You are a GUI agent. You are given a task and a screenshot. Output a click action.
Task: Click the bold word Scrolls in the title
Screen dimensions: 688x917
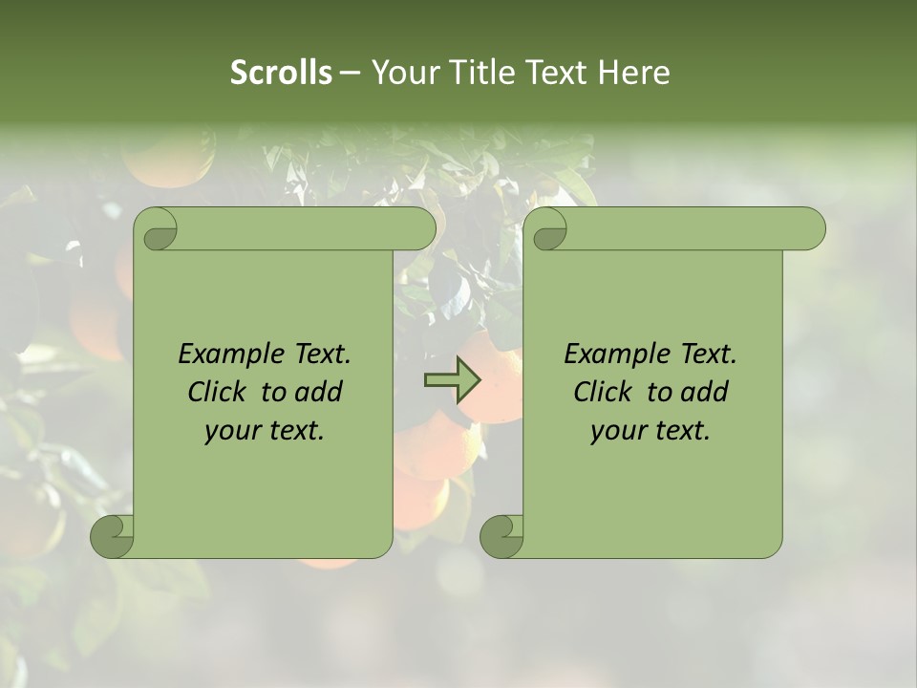(281, 73)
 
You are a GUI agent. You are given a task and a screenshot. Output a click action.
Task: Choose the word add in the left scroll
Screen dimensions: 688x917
(317, 392)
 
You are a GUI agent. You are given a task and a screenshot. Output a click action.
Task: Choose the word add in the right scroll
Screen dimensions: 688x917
(703, 392)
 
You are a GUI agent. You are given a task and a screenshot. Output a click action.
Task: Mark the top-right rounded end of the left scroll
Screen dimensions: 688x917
(421, 229)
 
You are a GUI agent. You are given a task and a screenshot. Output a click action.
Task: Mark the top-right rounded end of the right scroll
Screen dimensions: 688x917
(811, 229)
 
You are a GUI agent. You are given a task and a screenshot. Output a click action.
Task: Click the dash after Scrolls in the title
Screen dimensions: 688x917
(351, 74)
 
